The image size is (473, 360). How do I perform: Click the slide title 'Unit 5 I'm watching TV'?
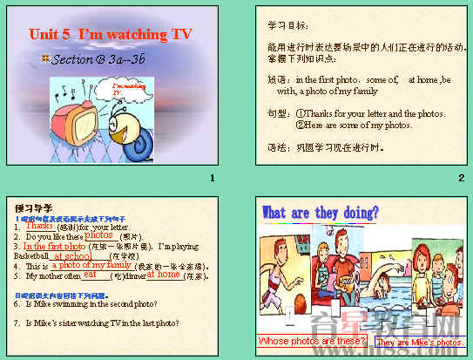pyautogui.click(x=110, y=34)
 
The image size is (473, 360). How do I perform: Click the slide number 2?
pyautogui.click(x=461, y=179)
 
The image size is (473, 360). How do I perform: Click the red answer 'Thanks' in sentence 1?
pyautogui.click(x=40, y=226)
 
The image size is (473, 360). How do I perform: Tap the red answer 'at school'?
pyautogui.click(x=72, y=257)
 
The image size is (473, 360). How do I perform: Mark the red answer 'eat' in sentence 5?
pyautogui.click(x=89, y=275)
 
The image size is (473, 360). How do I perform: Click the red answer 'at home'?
pyautogui.click(x=164, y=275)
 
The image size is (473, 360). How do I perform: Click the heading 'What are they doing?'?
pyautogui.click(x=321, y=213)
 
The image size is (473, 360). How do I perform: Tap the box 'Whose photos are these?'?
pyautogui.click(x=312, y=341)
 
